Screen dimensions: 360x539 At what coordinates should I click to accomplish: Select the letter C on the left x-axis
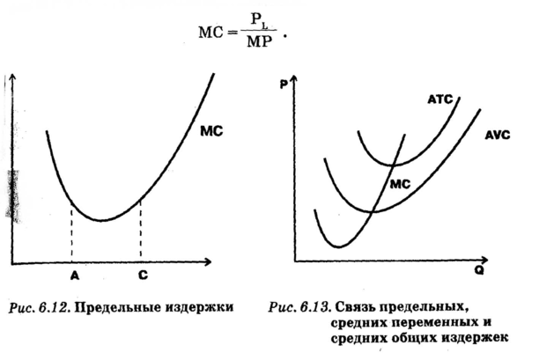click(x=143, y=275)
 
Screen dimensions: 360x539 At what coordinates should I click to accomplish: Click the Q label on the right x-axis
click(x=479, y=272)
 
